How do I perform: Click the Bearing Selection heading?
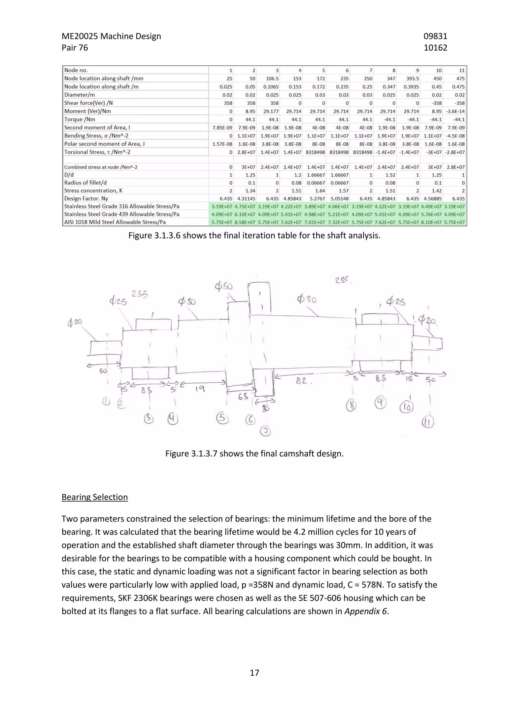point(94,497)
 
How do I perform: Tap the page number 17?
point(254,673)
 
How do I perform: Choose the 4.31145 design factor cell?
point(246,198)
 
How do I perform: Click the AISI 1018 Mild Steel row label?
point(115,222)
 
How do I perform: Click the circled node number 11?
point(428,422)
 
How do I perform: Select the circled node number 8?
point(351,406)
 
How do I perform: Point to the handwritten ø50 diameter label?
point(223,286)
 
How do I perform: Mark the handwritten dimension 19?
point(200,389)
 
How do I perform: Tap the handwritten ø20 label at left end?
point(75,322)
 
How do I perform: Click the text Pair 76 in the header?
point(75,48)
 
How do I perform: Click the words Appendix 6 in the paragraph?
point(365,611)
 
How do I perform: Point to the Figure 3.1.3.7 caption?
point(254,454)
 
